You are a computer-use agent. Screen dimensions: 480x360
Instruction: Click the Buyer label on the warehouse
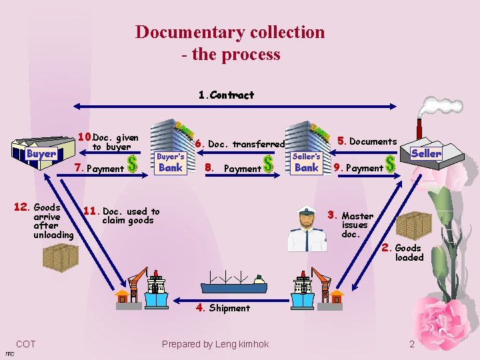[x=41, y=153]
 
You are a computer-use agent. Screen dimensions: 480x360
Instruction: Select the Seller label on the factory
[x=426, y=153]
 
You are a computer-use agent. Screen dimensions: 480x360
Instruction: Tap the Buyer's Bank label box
[x=171, y=163]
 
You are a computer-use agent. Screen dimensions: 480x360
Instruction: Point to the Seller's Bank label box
[x=307, y=163]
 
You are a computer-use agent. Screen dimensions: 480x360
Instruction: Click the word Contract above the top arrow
[x=232, y=95]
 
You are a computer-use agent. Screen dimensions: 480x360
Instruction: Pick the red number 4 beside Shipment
[x=200, y=307]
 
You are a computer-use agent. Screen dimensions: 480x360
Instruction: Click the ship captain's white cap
[x=306, y=211]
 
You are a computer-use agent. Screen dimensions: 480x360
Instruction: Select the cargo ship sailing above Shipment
[x=233, y=282]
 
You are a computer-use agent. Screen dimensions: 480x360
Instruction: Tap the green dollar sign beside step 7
[x=132, y=164]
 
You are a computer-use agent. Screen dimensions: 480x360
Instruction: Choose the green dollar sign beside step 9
[x=390, y=164]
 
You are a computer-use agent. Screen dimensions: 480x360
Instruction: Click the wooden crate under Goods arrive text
[x=61, y=257]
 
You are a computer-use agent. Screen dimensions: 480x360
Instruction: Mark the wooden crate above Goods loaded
[x=414, y=226]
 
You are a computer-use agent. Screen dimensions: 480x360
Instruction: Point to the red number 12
[x=21, y=207]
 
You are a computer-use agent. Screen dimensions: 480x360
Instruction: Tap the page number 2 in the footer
[x=412, y=345]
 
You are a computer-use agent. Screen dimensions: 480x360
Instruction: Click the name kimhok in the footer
[x=253, y=344]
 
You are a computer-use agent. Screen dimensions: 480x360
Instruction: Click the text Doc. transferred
[x=247, y=144]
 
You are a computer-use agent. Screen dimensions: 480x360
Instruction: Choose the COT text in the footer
[x=26, y=344]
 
